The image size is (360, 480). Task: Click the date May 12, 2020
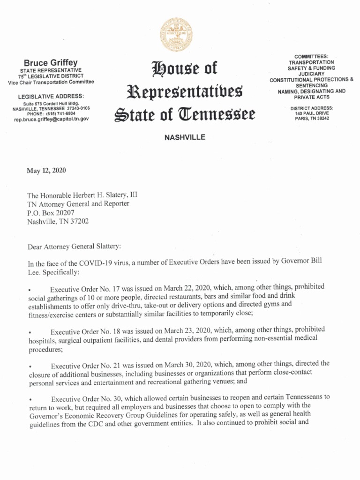tap(46, 170)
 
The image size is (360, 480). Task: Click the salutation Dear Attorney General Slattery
tap(74, 246)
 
